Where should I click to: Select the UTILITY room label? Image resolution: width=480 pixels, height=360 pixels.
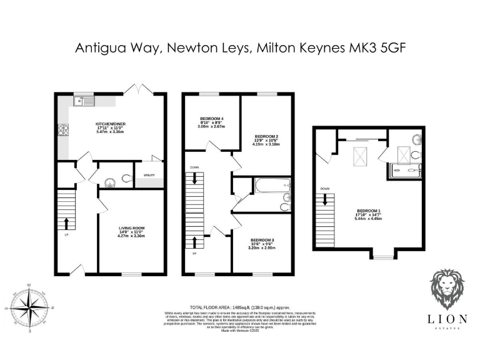coord(150,176)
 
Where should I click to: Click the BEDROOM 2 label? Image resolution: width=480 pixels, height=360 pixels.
coord(266,136)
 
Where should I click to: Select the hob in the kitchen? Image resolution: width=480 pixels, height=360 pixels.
coord(63,131)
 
